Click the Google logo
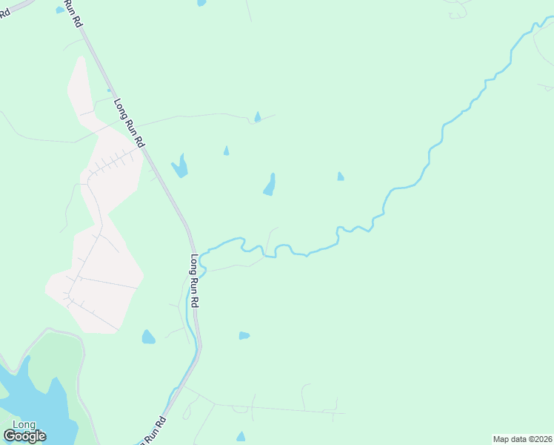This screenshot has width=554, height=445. [x=24, y=436]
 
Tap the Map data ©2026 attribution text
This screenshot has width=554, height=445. [x=523, y=439]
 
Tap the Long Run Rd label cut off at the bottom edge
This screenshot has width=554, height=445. [x=152, y=432]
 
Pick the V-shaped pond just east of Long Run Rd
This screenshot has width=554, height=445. [x=179, y=166]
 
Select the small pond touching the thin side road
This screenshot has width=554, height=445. [x=257, y=117]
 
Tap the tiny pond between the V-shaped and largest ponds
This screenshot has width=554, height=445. [x=226, y=151]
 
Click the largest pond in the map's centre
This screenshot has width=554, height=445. [x=270, y=185]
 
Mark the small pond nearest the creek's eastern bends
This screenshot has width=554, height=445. [x=340, y=177]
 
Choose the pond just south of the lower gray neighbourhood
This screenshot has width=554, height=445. [x=148, y=337]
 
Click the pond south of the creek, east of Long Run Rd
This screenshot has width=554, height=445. [x=244, y=335]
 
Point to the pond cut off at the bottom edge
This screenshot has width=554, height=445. [x=240, y=438]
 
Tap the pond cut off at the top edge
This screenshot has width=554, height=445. [x=201, y=3]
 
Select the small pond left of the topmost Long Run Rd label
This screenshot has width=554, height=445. [x=59, y=10]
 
